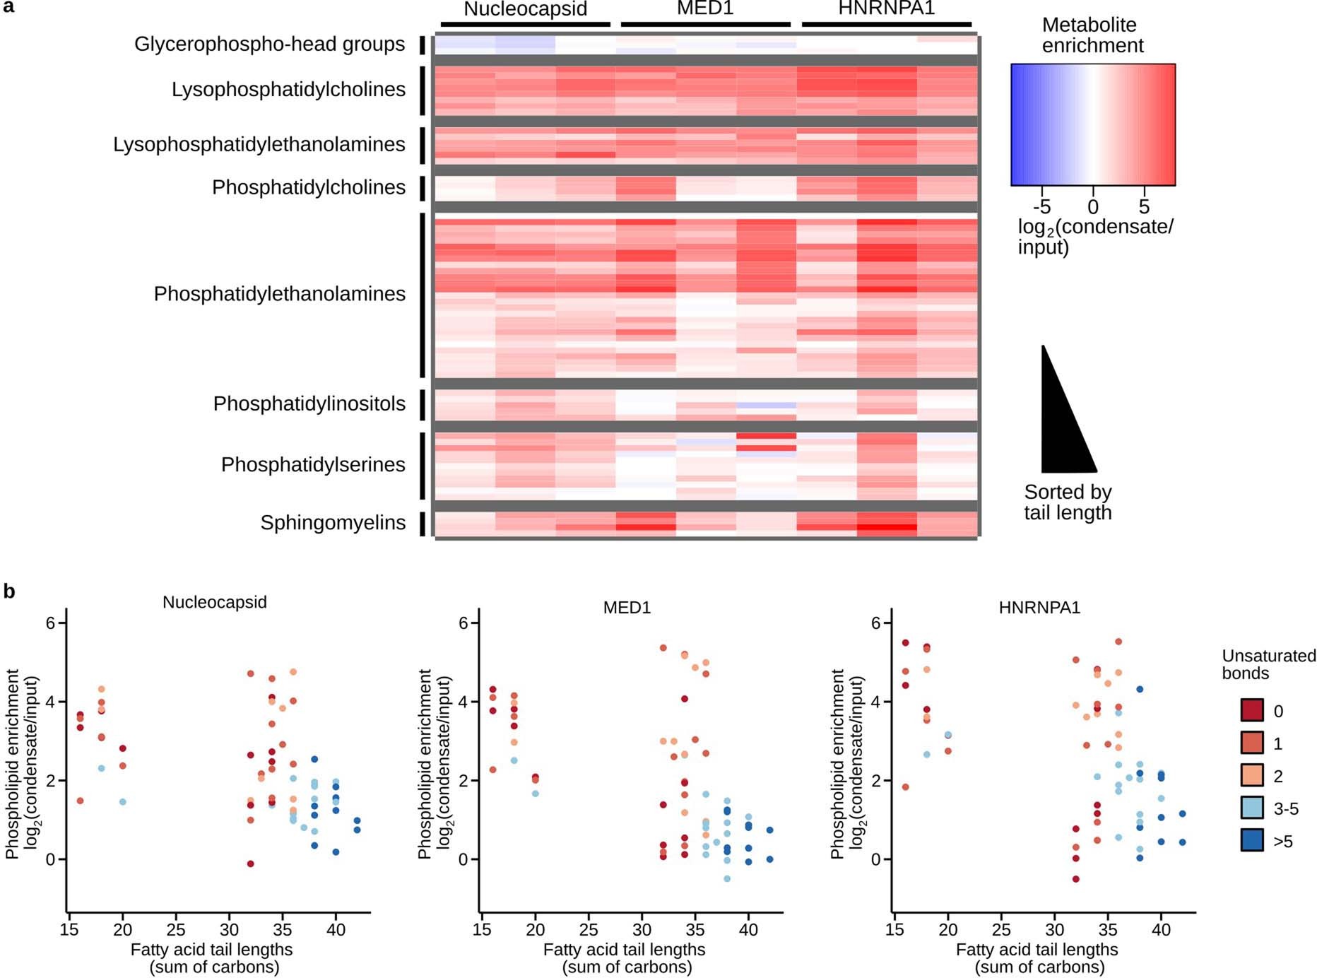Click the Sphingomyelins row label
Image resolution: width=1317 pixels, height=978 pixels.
(333, 523)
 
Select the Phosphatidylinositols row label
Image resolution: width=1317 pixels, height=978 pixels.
(309, 404)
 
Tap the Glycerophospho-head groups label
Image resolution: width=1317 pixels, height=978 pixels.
(269, 45)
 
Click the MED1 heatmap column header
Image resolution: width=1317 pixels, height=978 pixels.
(705, 9)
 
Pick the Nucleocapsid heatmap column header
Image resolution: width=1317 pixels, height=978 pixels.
(525, 9)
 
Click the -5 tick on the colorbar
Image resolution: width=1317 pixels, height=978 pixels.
(1041, 206)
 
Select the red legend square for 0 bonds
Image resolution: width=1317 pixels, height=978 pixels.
(1252, 710)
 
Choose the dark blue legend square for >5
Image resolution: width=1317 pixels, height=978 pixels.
(1252, 840)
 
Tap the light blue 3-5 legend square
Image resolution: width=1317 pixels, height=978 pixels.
(1252, 808)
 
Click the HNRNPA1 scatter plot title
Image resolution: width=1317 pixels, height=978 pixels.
(1039, 608)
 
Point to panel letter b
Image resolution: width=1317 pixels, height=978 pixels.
(9, 591)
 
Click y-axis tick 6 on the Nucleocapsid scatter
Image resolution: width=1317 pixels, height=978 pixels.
(50, 623)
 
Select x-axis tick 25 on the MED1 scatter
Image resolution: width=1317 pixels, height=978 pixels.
(589, 930)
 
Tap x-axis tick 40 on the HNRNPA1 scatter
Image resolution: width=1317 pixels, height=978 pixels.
(1161, 930)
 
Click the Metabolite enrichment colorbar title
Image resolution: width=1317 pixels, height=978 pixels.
(1092, 35)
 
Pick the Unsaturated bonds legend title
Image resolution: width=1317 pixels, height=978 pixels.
(1268, 664)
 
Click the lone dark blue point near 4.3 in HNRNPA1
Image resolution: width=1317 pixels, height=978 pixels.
(1140, 689)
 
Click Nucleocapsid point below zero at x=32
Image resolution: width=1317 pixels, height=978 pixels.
(250, 864)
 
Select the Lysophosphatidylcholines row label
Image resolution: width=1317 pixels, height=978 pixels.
(288, 90)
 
